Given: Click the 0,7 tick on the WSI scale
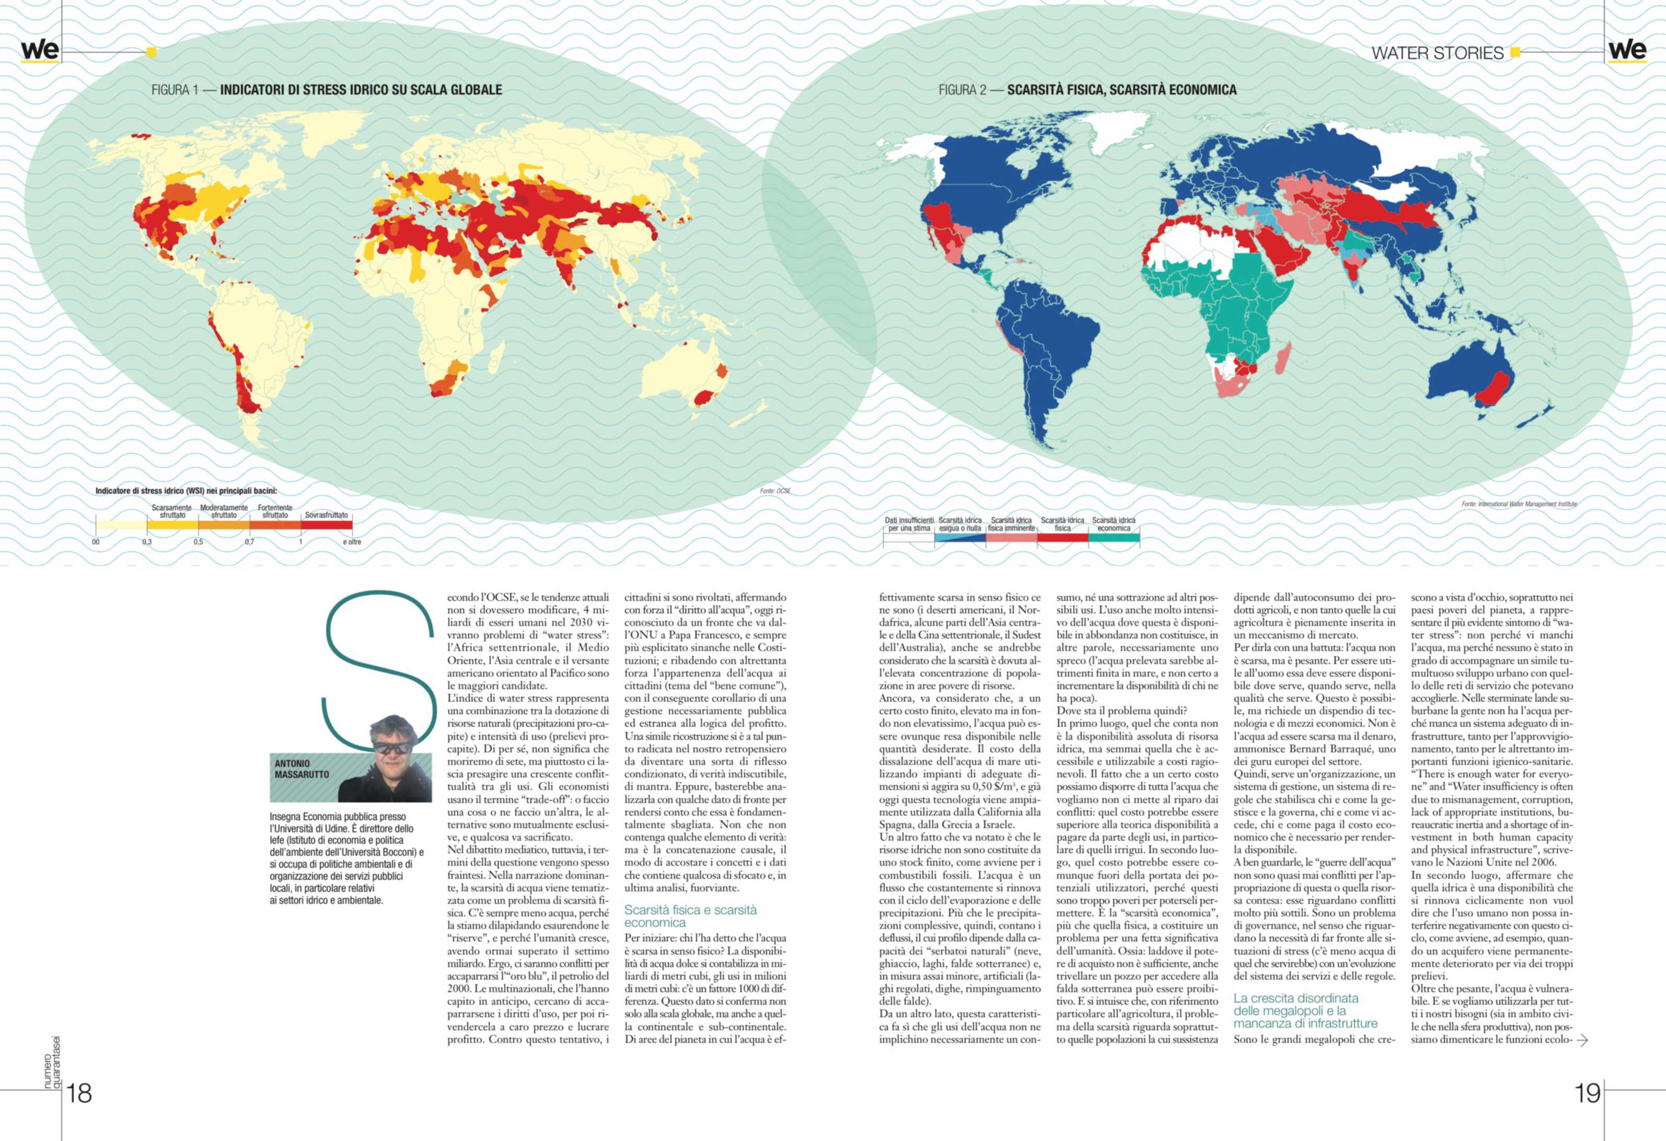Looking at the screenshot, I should (249, 542).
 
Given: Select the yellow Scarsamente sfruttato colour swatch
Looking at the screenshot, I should (172, 525).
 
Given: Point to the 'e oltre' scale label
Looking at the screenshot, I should (352, 542).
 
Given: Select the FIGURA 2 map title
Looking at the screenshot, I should (1087, 89).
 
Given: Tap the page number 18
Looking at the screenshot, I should (79, 1093).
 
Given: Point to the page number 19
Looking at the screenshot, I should (1588, 1093).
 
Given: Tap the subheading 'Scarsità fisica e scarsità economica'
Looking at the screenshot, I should (690, 916).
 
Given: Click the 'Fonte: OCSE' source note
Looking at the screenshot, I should (775, 491).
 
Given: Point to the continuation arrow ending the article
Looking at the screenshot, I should (1583, 1040).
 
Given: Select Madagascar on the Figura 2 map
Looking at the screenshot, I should (1283, 358).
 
